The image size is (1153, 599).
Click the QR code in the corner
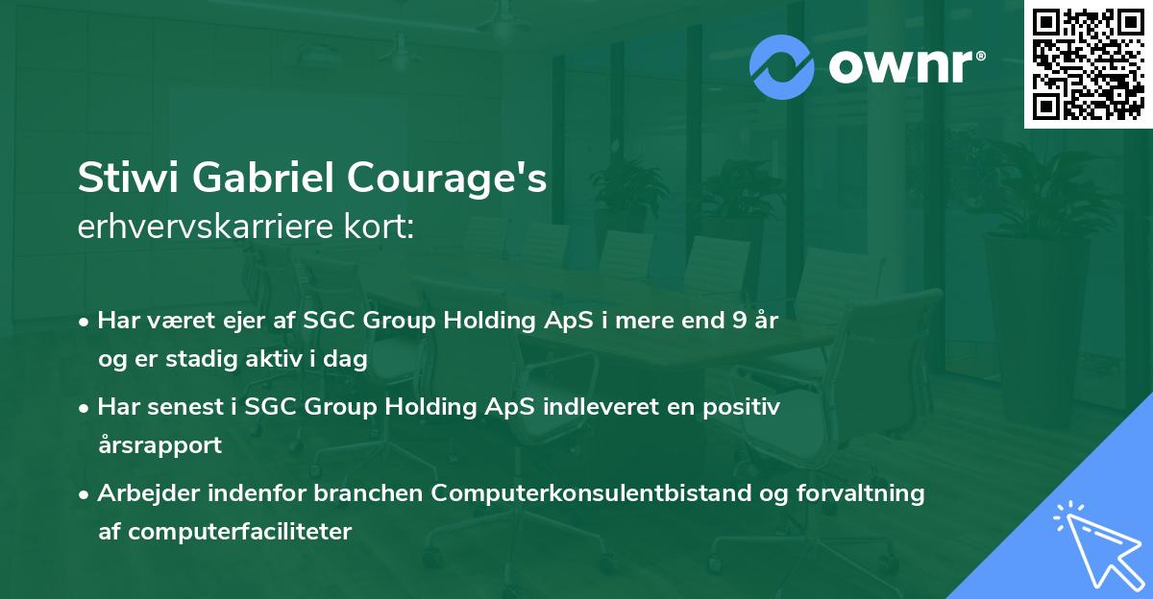[1088, 64]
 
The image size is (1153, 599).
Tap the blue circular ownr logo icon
[782, 66]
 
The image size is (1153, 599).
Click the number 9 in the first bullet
[736, 320]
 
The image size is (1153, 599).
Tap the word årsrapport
[159, 444]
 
